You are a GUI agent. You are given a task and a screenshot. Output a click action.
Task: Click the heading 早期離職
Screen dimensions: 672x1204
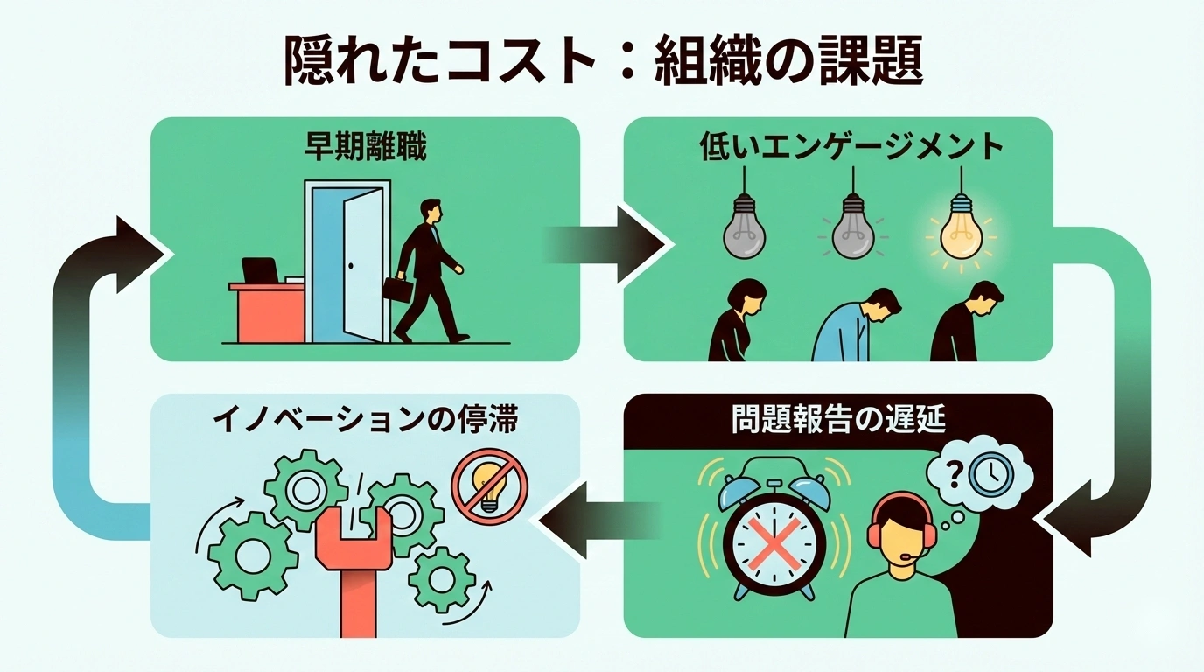click(x=365, y=148)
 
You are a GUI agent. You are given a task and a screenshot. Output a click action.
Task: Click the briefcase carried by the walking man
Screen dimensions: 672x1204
click(x=396, y=290)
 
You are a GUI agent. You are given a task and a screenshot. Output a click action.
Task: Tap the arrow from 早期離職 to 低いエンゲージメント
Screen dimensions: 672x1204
click(x=604, y=244)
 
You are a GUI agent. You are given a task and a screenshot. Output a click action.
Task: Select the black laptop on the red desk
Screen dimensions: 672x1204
click(x=260, y=271)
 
